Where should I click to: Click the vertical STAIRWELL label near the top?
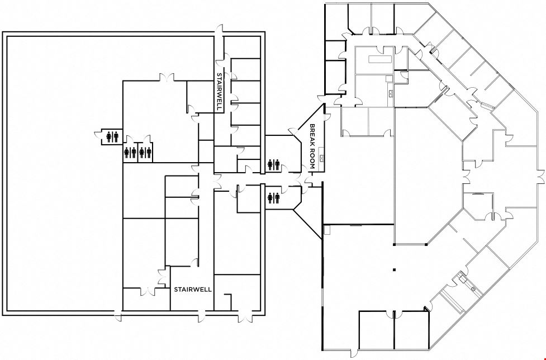pyautogui.click(x=219, y=92)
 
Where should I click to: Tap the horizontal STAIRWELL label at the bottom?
pyautogui.click(x=193, y=290)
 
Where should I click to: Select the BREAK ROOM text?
pyautogui.click(x=312, y=146)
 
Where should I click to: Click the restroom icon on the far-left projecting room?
pyautogui.click(x=112, y=137)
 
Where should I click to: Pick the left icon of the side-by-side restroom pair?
pyautogui.click(x=130, y=153)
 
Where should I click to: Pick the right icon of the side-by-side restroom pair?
pyautogui.click(x=145, y=153)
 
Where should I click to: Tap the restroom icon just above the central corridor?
pyautogui.click(x=273, y=165)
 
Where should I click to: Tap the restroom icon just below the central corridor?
pyautogui.click(x=273, y=198)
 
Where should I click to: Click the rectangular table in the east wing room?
pyautogui.click(x=381, y=59)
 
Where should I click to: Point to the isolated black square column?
pyautogui.click(x=394, y=269)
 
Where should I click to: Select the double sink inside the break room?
pyautogui.click(x=321, y=159)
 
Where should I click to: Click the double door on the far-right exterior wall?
pyautogui.click(x=541, y=177)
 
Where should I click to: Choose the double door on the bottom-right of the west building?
pyautogui.click(x=244, y=316)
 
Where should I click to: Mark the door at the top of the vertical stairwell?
pyautogui.click(x=219, y=31)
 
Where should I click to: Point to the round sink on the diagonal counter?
pyautogui.click(x=473, y=289)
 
